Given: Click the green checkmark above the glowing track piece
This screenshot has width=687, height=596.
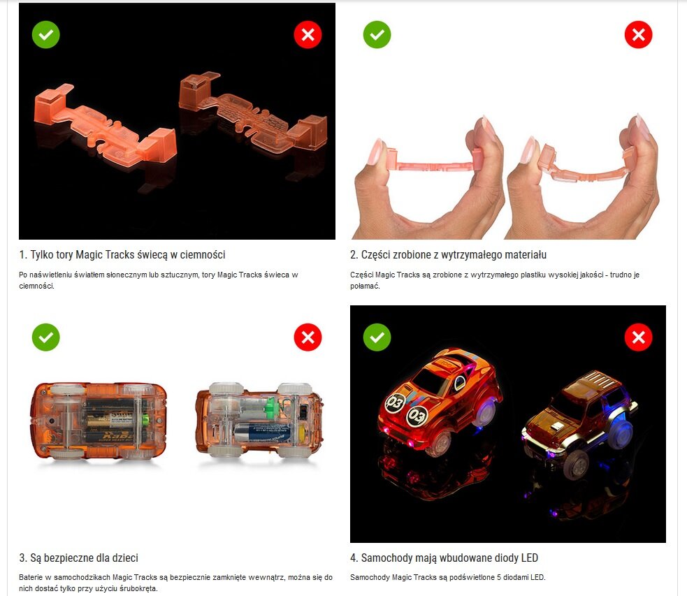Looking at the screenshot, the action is point(45,35).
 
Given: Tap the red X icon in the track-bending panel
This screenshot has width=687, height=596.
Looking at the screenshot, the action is point(638,35).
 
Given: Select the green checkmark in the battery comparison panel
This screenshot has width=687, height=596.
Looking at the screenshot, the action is point(45,337).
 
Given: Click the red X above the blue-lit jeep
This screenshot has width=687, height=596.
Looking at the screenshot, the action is point(638,337).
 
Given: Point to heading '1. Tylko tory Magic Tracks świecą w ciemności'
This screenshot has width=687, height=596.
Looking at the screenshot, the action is point(122,254).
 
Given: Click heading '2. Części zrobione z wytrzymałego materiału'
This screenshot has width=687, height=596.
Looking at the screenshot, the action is point(448,254).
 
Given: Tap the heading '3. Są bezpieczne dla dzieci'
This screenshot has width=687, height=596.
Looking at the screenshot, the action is point(79,558).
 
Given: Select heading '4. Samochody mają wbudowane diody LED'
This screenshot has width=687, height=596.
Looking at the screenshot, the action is point(444,558).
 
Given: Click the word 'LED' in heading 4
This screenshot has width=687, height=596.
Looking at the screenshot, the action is point(529,558).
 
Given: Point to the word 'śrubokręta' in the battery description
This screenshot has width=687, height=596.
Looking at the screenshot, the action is point(138,588).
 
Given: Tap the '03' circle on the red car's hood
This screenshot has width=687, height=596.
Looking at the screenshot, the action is point(417,416).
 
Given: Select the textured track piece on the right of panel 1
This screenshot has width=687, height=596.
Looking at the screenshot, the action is point(253,114).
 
